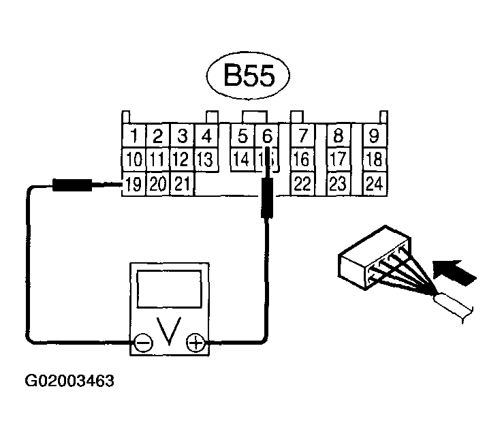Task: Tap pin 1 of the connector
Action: click(135, 135)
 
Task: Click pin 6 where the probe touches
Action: click(267, 136)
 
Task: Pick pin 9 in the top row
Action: click(373, 135)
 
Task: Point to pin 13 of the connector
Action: click(206, 159)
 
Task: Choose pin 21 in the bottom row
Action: click(181, 183)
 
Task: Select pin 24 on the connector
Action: click(373, 183)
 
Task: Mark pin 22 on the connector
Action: click(301, 183)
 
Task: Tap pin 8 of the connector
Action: click(338, 135)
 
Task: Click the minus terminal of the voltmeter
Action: click(143, 343)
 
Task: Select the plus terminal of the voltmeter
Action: click(196, 343)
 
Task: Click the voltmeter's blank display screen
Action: click(170, 289)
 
